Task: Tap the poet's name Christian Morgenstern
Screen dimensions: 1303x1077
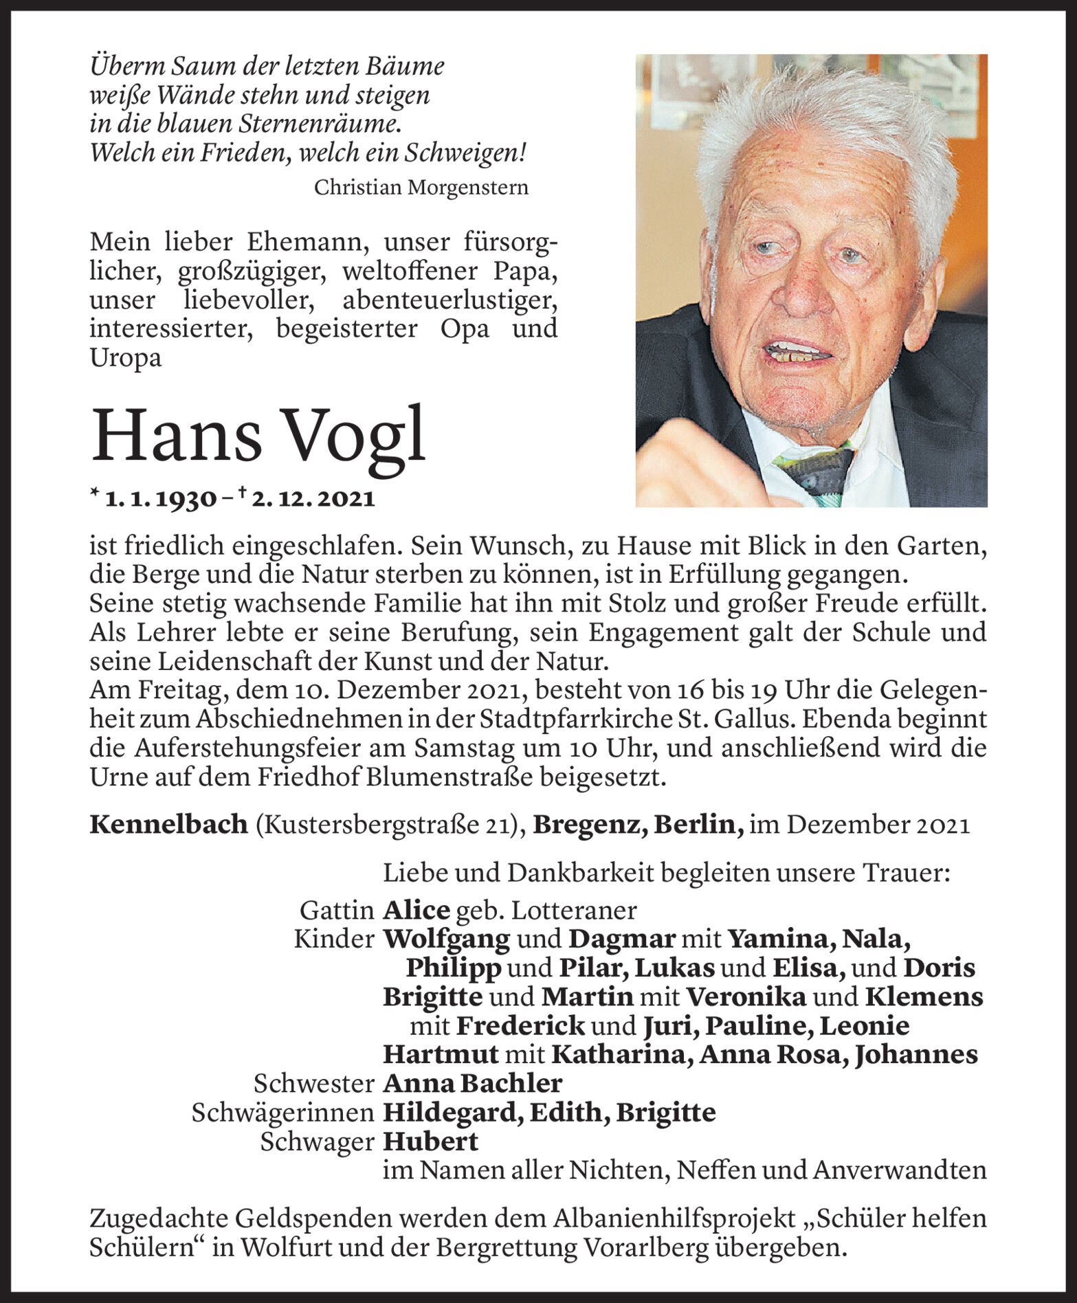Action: tap(421, 187)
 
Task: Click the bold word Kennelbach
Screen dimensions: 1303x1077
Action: tap(168, 824)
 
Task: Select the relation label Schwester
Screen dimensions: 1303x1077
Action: tap(313, 1084)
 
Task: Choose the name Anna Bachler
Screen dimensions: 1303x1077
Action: tap(472, 1084)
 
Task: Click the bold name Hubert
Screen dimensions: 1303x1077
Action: tap(430, 1141)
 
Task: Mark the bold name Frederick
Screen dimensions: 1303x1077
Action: tap(520, 1026)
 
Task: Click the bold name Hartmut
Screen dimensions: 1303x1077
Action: tap(439, 1055)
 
